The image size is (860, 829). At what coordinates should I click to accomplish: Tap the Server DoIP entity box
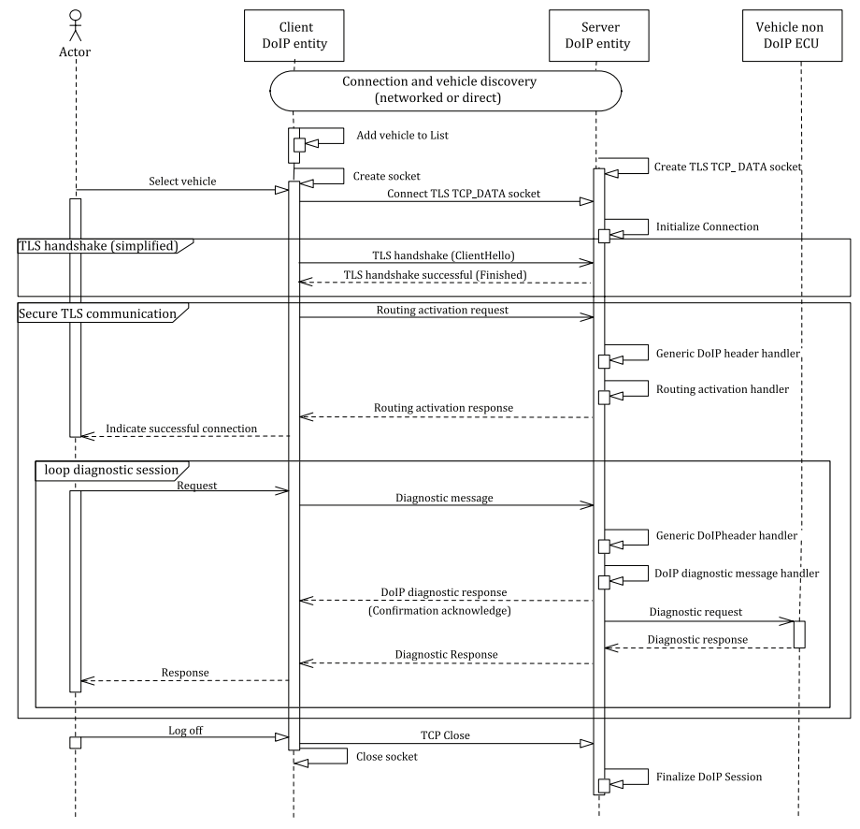coord(595,36)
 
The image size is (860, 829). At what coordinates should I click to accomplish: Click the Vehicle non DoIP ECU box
coord(801,36)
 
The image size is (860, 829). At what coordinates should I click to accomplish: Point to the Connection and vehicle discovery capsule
coord(445,90)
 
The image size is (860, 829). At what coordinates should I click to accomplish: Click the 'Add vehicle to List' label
coord(402,136)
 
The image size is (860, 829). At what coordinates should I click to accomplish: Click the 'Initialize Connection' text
coord(708,226)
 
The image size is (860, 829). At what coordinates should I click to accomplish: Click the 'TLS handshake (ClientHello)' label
coord(443,254)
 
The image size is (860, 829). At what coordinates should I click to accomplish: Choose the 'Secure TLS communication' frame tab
coord(97,313)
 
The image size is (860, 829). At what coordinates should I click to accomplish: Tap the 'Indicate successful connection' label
coord(181,428)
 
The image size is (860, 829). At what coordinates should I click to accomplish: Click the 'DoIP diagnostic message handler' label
coord(738,573)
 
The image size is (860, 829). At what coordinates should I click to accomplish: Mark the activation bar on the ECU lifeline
coord(800,634)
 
